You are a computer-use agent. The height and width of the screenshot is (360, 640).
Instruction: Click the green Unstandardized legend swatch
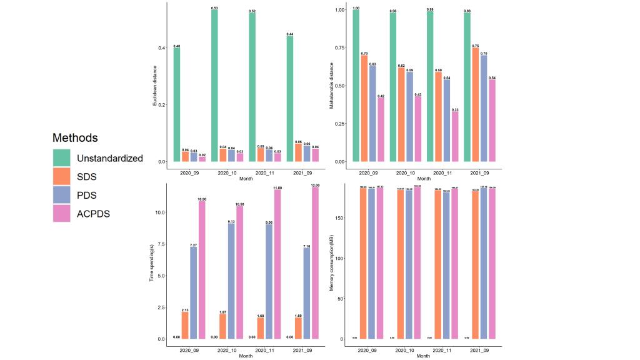[x=62, y=158]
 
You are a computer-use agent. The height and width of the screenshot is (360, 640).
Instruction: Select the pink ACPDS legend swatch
[x=62, y=214]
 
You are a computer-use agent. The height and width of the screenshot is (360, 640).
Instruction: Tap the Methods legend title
[x=75, y=137]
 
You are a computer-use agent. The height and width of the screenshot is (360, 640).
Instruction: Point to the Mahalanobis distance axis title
[x=332, y=84]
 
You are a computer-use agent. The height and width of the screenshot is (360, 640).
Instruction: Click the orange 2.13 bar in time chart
[x=185, y=325]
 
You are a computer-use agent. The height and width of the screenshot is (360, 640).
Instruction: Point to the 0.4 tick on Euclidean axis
[x=161, y=48]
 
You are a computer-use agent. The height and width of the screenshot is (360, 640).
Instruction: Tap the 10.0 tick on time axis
[x=159, y=212]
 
